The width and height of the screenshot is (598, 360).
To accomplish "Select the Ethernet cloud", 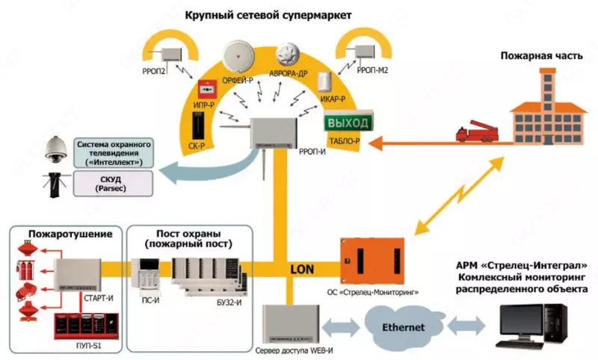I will coord(404,326).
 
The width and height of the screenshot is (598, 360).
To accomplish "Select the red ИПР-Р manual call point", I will coord(202,92).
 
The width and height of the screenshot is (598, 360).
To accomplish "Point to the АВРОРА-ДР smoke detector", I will coord(287,55).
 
